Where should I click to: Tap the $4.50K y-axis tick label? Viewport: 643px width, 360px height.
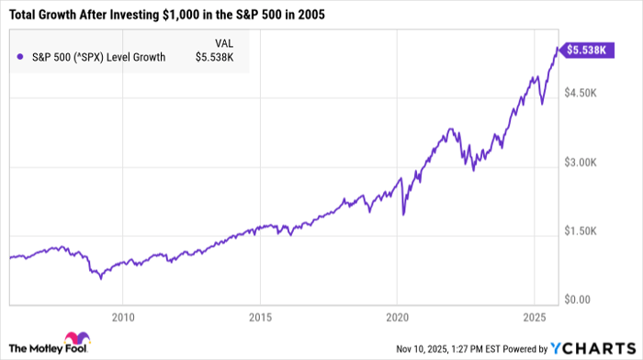pyautogui.click(x=584, y=93)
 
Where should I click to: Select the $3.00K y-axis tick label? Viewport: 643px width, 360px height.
pyautogui.click(x=584, y=163)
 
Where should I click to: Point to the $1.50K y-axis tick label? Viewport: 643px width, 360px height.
pyautogui.click(x=584, y=231)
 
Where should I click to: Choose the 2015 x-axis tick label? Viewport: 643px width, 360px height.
pyautogui.click(x=260, y=317)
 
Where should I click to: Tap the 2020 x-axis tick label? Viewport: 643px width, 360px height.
pyautogui.click(x=397, y=317)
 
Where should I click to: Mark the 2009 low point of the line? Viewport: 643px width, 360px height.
pyautogui.click(x=101, y=277)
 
